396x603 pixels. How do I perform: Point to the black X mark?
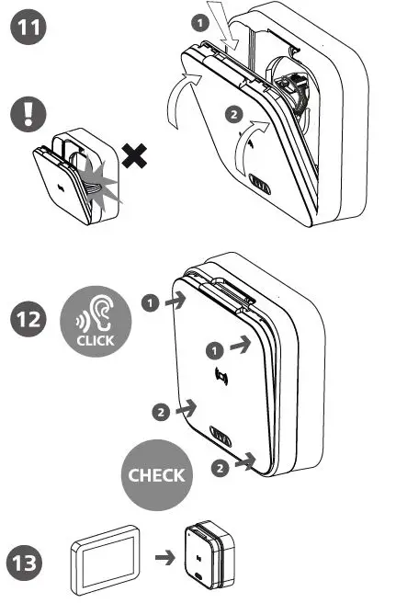[137, 159]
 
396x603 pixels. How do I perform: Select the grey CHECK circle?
[155, 475]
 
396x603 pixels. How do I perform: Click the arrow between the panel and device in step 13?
[163, 557]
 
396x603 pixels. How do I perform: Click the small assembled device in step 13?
[210, 559]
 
